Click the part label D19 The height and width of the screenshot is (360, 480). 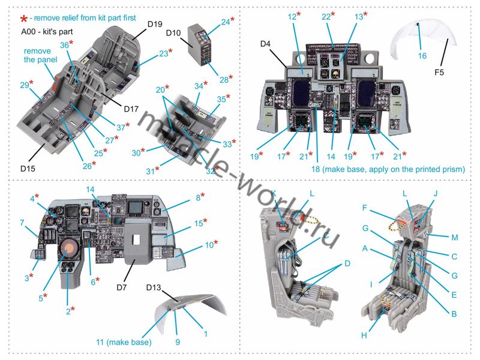click(155, 23)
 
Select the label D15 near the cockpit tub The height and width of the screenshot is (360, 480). click(27, 169)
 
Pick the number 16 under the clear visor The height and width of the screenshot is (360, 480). click(422, 56)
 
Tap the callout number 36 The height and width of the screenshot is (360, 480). click(65, 45)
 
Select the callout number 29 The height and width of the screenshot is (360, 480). click(24, 85)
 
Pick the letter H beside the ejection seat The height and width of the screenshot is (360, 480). click(364, 334)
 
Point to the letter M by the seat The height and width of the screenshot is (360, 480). click(455, 237)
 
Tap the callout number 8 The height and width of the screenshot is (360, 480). click(197, 197)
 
